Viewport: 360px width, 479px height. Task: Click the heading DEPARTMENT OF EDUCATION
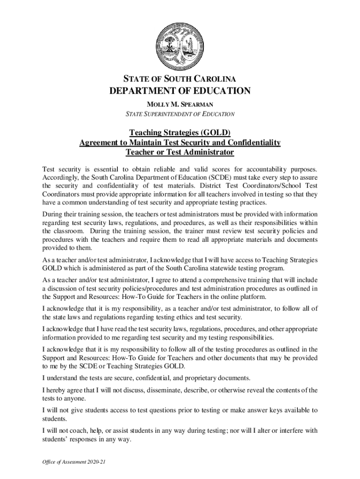click(180, 91)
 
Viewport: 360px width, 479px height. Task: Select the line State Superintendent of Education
click(180, 114)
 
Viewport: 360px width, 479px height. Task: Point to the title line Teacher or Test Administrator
click(180, 152)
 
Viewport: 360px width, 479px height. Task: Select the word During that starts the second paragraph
click(53, 214)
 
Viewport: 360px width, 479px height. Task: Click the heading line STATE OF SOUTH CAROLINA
click(180, 78)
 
